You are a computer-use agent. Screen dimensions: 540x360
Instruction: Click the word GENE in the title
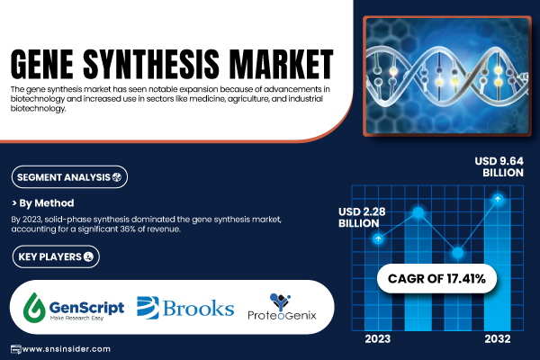coord(42,64)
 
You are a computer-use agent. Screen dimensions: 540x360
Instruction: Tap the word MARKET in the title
coord(282,64)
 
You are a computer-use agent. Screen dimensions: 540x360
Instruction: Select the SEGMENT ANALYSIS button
coord(69,177)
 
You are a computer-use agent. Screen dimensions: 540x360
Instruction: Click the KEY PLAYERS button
coord(56,256)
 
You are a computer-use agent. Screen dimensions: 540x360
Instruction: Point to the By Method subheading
coord(43,203)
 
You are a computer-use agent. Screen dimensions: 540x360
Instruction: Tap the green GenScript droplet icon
coord(34,307)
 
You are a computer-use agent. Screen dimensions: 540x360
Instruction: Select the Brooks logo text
coord(198,308)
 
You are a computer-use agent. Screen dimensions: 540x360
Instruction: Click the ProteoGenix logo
coord(282,307)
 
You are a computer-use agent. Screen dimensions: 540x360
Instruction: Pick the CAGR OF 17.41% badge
coord(436,278)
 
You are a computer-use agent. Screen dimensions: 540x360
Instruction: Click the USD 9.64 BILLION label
coord(499,166)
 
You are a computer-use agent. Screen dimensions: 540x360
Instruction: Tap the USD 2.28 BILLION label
coord(362,218)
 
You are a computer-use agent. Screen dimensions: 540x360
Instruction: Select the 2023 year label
coord(378,339)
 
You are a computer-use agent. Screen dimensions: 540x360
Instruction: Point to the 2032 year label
coord(498,339)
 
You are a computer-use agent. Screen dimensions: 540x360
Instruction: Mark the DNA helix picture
coord(447,76)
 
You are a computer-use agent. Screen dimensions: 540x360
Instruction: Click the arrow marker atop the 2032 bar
coord(498,199)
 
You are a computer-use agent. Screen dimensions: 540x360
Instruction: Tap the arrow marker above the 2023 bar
coord(378,238)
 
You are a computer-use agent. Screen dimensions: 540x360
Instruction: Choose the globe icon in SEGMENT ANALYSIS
coord(117,177)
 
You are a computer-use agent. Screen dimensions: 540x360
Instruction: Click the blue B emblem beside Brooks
coord(148,307)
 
